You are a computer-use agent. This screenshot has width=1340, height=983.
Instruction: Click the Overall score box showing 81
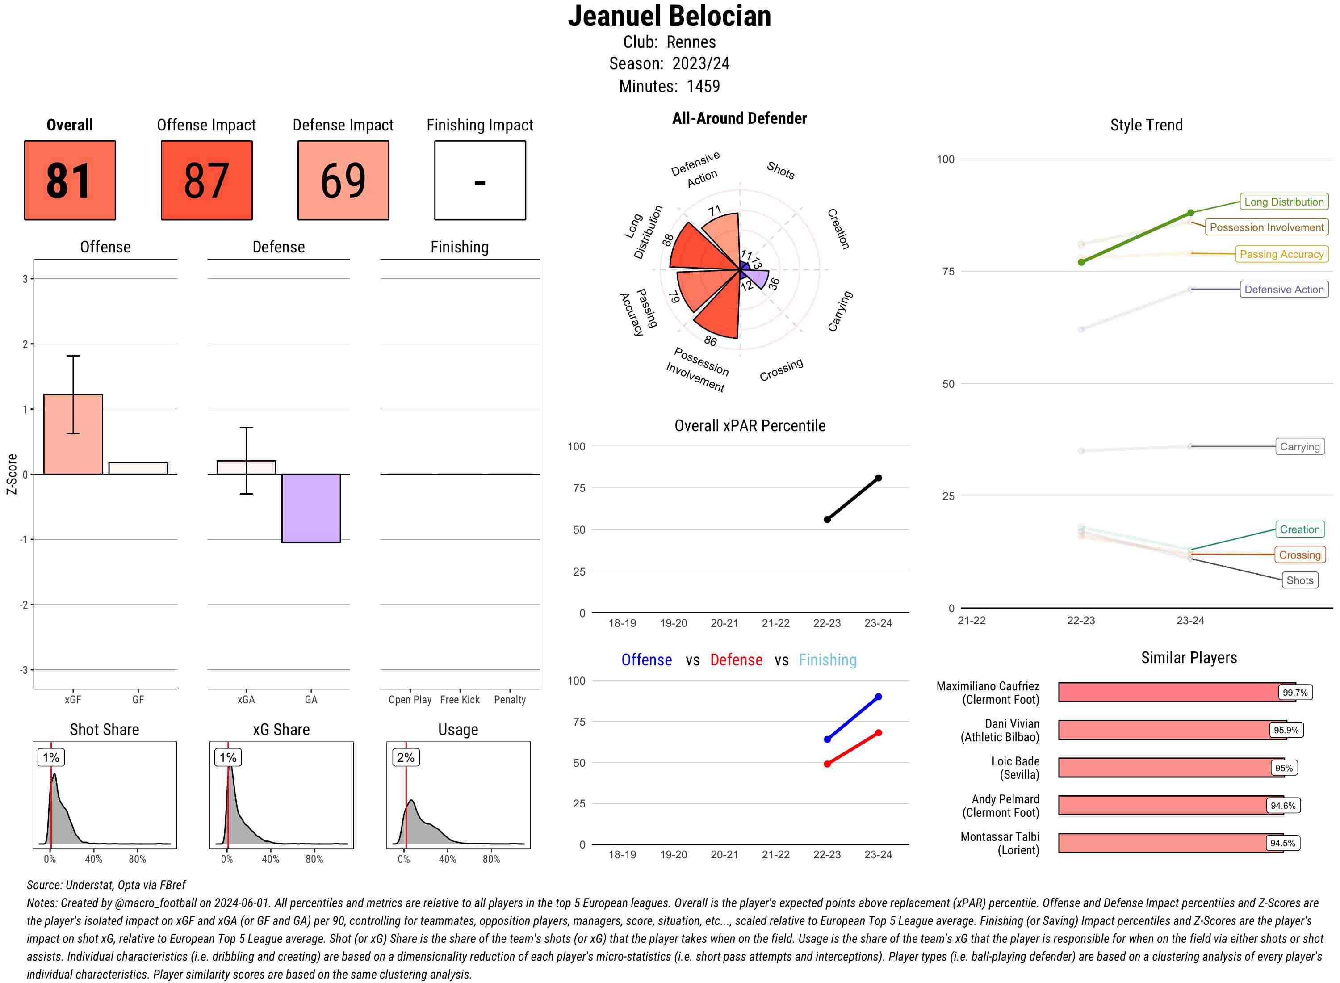[70, 181]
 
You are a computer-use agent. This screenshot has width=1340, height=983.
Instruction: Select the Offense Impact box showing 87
[206, 181]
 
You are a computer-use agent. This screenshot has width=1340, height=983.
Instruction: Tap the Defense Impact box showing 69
[343, 181]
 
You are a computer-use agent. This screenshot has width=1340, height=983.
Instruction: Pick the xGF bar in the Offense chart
[73, 434]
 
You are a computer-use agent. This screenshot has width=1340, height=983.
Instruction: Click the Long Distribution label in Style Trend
[1284, 202]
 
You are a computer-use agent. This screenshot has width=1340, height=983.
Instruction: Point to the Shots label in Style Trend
[1299, 580]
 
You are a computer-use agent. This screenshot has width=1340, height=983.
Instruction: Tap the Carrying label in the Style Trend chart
[1299, 447]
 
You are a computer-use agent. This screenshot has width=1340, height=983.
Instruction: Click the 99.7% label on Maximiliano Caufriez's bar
[1295, 693]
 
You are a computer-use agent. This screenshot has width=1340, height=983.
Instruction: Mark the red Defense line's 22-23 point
[827, 764]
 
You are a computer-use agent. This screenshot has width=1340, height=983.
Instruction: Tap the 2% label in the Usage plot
[406, 757]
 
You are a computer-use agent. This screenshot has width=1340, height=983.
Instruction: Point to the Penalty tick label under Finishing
[510, 700]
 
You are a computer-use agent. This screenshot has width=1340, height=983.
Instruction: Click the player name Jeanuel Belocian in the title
[669, 16]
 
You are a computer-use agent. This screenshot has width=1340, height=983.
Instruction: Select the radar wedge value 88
[668, 240]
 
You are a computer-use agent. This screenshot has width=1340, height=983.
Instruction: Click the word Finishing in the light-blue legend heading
[827, 660]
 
